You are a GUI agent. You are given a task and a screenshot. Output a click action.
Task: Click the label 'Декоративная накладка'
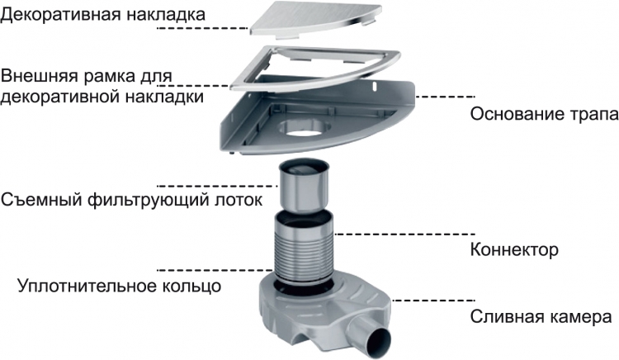(x=103, y=15)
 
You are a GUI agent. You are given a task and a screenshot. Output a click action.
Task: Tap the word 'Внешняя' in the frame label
(x=40, y=75)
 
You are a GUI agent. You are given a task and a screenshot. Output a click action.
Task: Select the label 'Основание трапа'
(x=545, y=114)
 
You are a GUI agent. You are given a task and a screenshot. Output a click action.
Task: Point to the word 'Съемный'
(x=41, y=200)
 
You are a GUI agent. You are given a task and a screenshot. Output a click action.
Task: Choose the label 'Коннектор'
(x=514, y=249)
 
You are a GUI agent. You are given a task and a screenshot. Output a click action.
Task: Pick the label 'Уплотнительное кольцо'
(x=119, y=286)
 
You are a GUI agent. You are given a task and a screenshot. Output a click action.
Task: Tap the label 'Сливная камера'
(x=541, y=316)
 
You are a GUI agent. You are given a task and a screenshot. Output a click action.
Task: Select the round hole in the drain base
(x=305, y=129)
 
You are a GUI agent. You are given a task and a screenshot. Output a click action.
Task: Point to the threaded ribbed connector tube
(x=303, y=247)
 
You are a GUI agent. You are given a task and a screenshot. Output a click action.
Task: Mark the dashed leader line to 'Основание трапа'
(x=446, y=97)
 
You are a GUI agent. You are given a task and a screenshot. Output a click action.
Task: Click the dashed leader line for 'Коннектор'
(x=404, y=234)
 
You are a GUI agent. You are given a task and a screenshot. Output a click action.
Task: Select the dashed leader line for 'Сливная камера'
(x=433, y=301)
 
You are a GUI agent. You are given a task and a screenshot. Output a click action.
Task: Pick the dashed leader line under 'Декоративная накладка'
(x=202, y=28)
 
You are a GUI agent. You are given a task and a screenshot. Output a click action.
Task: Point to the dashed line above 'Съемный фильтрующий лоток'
(x=218, y=186)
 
